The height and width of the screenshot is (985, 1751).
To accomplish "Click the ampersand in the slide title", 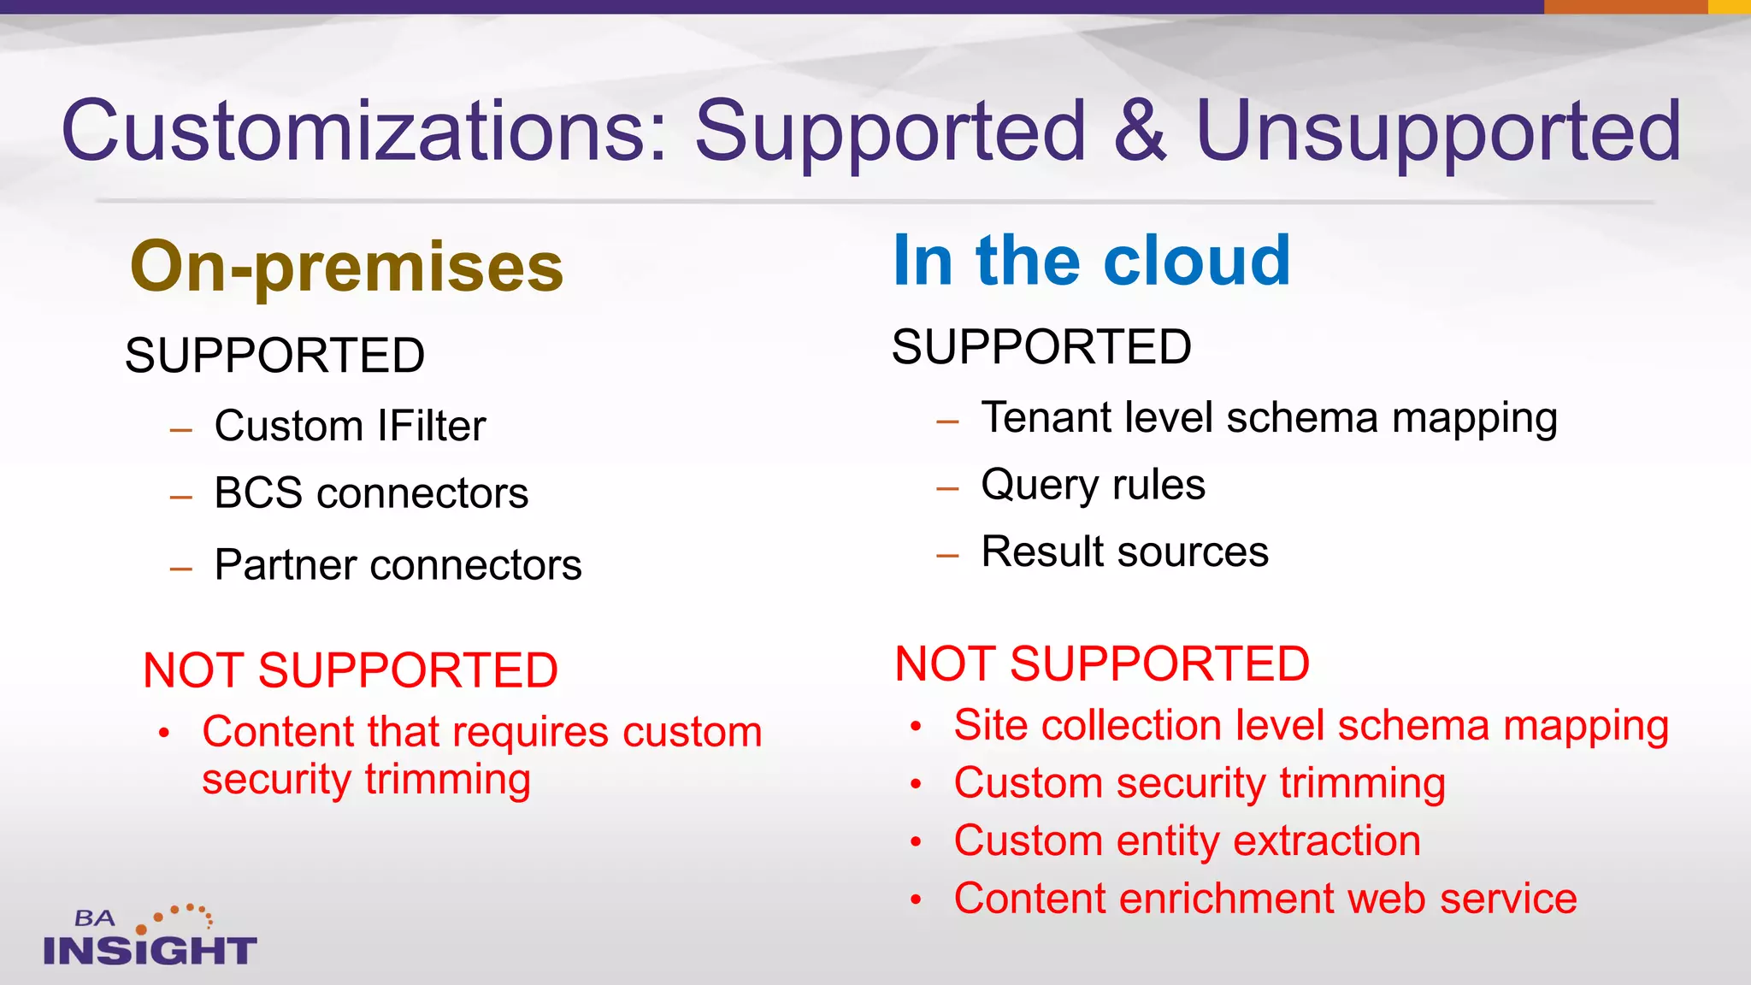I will (x=1140, y=131).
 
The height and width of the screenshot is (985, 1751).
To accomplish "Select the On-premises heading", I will (x=346, y=267).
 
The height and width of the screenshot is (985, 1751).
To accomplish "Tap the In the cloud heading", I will (x=1091, y=260).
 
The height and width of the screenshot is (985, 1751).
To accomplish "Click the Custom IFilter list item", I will (x=350, y=426).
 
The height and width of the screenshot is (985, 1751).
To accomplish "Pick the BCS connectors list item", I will (x=371, y=493).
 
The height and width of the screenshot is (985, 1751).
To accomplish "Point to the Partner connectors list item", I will (x=398, y=565).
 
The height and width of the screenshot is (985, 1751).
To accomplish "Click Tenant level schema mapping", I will (x=1269, y=419).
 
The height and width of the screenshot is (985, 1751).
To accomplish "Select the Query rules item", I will (x=1093, y=485).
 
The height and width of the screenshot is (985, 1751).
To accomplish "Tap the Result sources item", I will (x=1124, y=551).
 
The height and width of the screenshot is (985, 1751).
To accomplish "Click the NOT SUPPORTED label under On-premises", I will (x=350, y=669).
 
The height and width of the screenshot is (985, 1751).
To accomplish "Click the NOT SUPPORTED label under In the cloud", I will (x=1101, y=664).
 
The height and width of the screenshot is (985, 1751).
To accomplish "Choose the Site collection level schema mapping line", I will (x=1311, y=726).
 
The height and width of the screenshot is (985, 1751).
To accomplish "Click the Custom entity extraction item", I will (x=1187, y=840).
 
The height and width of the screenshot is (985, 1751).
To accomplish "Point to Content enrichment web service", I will (x=1265, y=899).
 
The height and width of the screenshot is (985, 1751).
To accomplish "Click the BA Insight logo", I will (x=150, y=937).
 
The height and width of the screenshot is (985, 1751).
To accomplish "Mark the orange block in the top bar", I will (x=1624, y=6).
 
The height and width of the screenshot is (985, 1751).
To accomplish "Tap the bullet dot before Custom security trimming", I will (x=916, y=784).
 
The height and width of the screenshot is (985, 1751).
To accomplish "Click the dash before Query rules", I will (x=947, y=489).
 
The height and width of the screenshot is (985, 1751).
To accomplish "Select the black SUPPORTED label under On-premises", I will (x=274, y=356).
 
